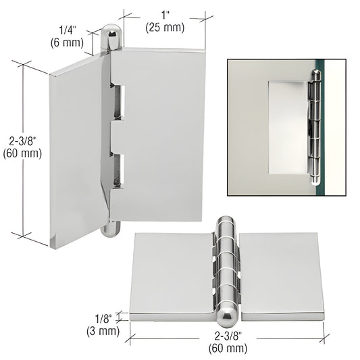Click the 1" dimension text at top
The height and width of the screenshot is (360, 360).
pyautogui.click(x=165, y=16)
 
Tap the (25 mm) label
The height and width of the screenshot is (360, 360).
pyautogui.click(x=165, y=28)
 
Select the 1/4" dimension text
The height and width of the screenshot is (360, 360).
pyautogui.click(x=68, y=30)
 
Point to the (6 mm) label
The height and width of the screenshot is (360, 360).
pyautogui.click(x=67, y=43)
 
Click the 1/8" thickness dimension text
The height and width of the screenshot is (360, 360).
pyautogui.click(x=103, y=318)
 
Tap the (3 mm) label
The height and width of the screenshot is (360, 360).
pyautogui.click(x=103, y=331)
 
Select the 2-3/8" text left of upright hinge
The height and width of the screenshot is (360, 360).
pyautogui.click(x=23, y=141)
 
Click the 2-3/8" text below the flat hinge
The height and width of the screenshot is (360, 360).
pyautogui.click(x=228, y=336)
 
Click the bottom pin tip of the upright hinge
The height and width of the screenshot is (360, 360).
pyautogui.click(x=111, y=229)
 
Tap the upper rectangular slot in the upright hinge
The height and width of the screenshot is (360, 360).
pyautogui.click(x=118, y=103)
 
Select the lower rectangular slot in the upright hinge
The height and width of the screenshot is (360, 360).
pyautogui.click(x=118, y=170)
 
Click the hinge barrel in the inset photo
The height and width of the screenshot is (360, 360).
pyautogui.click(x=315, y=128)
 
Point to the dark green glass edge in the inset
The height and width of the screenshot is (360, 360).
pyautogui.click(x=319, y=128)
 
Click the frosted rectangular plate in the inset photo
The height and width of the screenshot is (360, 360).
pyautogui.click(x=288, y=128)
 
